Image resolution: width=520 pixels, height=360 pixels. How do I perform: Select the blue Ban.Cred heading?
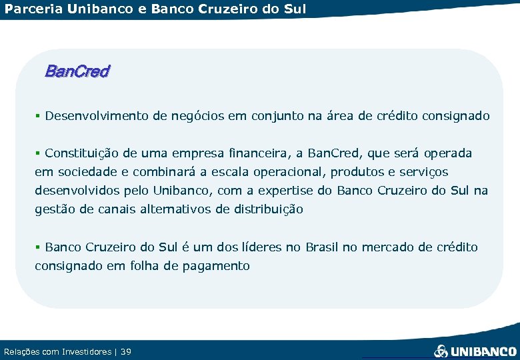click(77, 71)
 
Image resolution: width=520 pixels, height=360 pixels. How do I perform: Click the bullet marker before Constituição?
click(38, 153)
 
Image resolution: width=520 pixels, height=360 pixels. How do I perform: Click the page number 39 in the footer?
click(127, 351)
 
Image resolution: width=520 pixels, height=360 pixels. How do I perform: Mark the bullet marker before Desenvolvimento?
click(38, 116)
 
